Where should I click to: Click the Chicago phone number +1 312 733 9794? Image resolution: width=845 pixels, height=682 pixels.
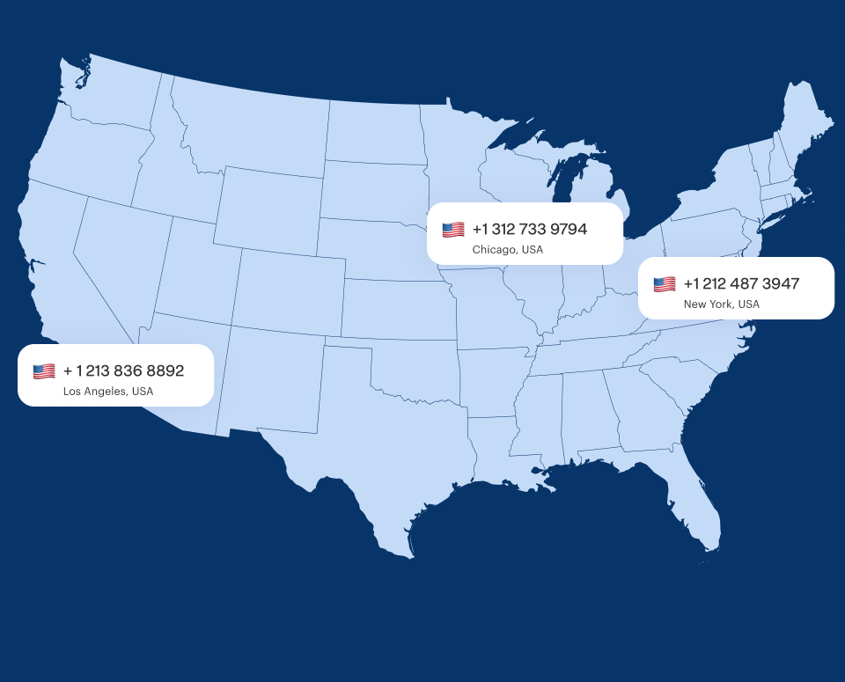[529, 230]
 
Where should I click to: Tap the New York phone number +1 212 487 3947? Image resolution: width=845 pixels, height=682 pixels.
[740, 283]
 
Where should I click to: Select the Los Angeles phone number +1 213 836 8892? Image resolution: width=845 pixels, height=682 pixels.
[123, 370]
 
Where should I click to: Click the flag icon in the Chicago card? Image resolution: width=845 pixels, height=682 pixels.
[453, 230]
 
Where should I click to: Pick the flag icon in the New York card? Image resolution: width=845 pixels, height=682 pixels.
[665, 284]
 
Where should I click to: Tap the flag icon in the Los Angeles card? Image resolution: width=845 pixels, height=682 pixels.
[44, 371]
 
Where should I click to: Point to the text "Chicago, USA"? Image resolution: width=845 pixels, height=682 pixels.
[507, 250]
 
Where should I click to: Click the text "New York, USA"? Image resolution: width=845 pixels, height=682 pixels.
[721, 304]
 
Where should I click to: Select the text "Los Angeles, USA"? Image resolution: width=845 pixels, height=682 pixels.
[107, 392]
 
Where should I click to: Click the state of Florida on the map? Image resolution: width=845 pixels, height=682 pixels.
[695, 502]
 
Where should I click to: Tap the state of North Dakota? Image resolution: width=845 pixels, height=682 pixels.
[374, 132]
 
